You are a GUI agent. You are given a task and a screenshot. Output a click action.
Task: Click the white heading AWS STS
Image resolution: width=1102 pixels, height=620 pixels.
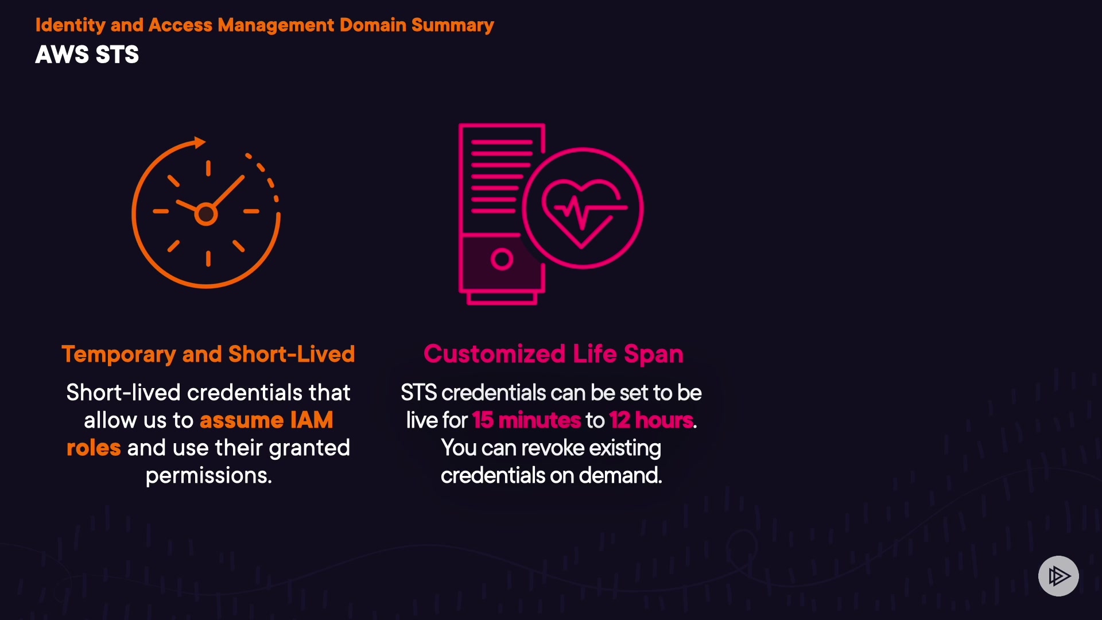point(87,55)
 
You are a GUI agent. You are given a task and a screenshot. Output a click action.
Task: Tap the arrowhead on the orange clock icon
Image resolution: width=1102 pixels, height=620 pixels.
point(200,142)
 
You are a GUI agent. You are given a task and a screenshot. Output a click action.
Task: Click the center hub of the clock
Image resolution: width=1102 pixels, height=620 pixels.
point(206,214)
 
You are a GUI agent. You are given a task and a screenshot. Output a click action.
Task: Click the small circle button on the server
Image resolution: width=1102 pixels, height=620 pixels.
point(502,259)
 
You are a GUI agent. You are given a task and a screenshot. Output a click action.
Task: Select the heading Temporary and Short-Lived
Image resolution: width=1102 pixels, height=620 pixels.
point(208,354)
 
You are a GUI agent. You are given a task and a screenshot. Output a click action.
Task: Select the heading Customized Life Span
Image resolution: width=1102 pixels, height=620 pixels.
point(553,354)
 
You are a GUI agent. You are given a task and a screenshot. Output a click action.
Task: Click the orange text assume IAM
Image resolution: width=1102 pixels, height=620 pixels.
point(266,420)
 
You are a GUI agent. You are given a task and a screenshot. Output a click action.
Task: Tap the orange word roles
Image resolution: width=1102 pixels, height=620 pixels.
point(94,448)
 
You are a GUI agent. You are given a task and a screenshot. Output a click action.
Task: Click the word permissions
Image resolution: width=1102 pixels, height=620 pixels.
point(208,475)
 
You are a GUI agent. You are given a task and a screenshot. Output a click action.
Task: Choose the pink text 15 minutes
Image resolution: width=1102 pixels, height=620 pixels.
point(526,420)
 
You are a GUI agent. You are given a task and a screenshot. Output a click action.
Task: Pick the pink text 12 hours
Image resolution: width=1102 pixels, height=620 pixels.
point(651,420)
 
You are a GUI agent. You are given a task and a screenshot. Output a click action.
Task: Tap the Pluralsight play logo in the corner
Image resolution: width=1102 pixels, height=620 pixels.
point(1058,576)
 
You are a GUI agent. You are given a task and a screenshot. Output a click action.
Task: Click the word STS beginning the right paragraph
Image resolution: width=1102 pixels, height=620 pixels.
point(418,393)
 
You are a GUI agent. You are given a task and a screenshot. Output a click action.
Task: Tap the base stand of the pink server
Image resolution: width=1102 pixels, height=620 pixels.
point(502,299)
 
